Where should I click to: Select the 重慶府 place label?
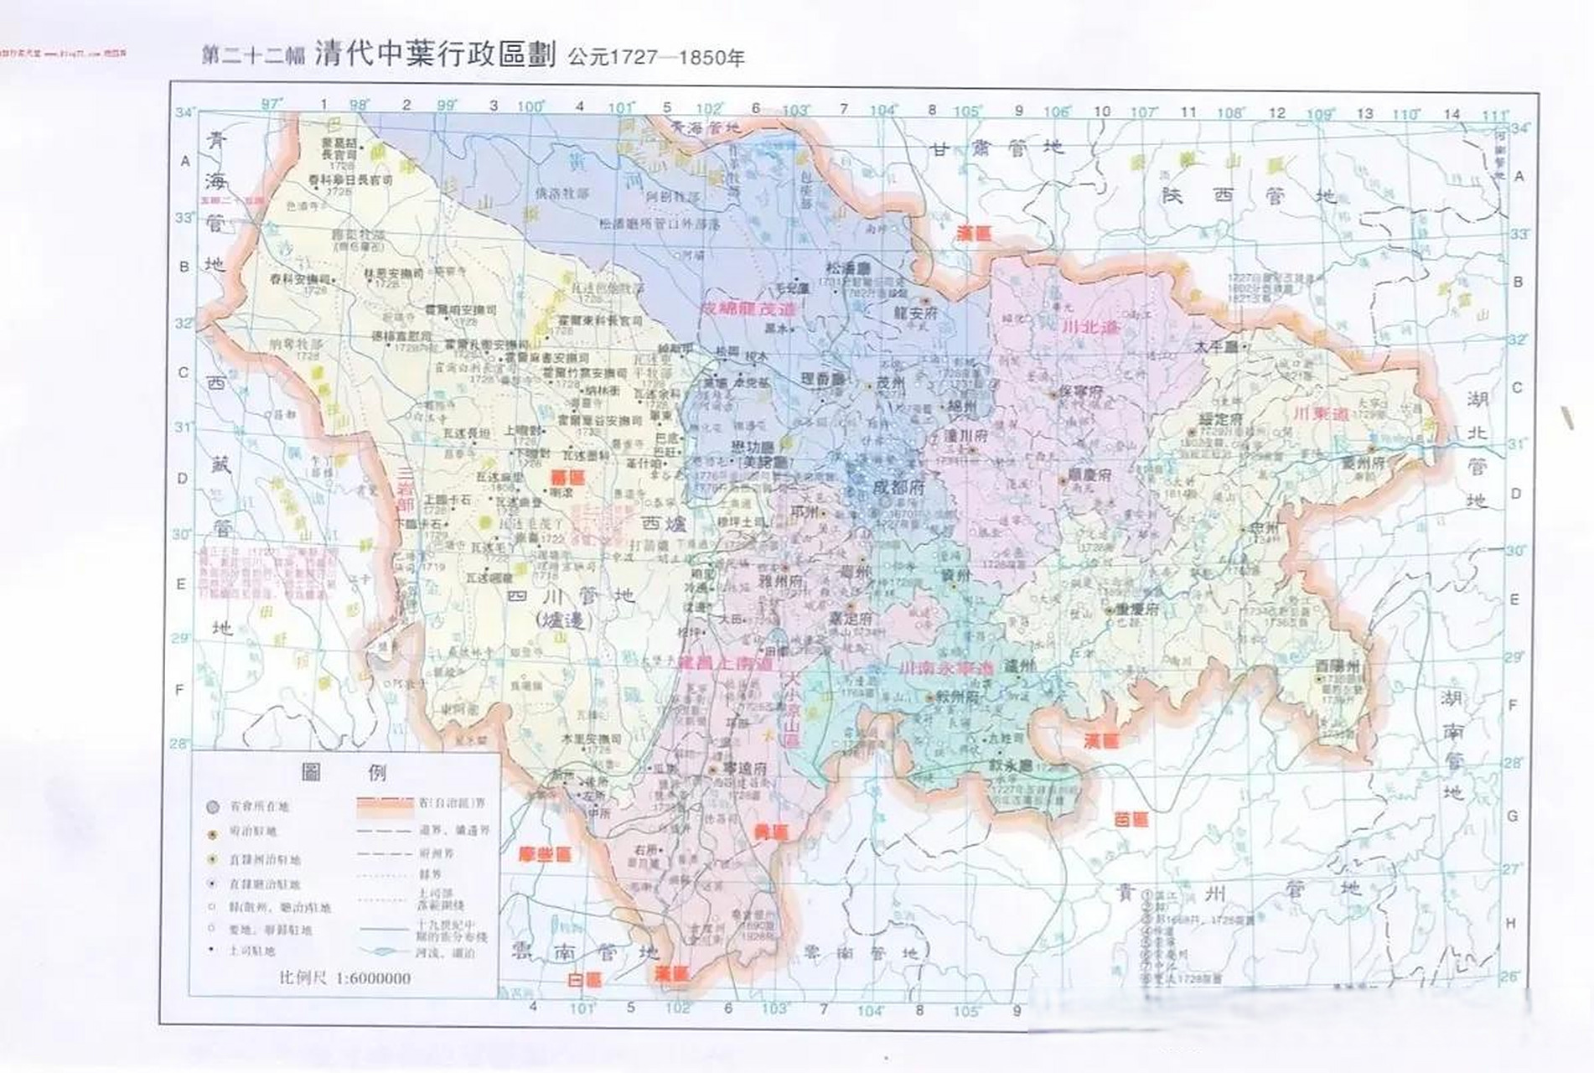(x=1135, y=609)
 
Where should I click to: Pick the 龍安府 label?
(x=916, y=313)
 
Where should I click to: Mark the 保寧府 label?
(x=1080, y=391)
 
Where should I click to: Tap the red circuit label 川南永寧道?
(x=945, y=669)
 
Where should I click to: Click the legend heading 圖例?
(x=344, y=771)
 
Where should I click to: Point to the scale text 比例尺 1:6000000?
(x=344, y=977)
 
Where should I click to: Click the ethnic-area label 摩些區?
(x=544, y=854)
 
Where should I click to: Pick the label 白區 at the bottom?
(x=584, y=979)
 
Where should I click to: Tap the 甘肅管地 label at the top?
(x=997, y=148)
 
